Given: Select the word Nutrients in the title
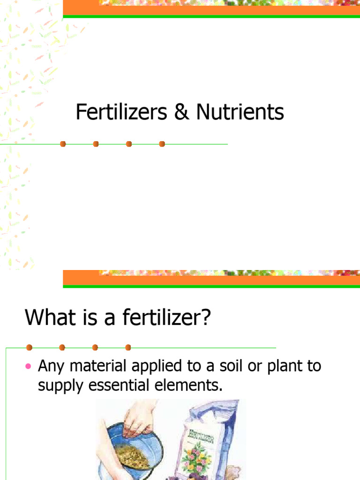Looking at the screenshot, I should click(240, 113).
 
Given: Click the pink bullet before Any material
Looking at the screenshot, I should click(28, 366).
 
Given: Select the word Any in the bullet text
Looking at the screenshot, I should click(50, 366).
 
